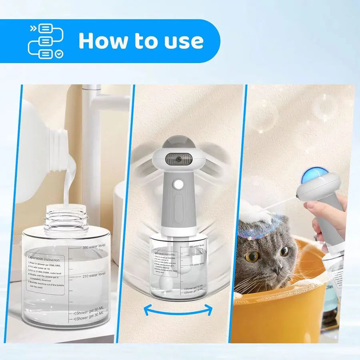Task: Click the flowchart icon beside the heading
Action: coord(45,41)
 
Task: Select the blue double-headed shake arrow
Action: coord(178,309)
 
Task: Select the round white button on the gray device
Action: coord(178,184)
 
